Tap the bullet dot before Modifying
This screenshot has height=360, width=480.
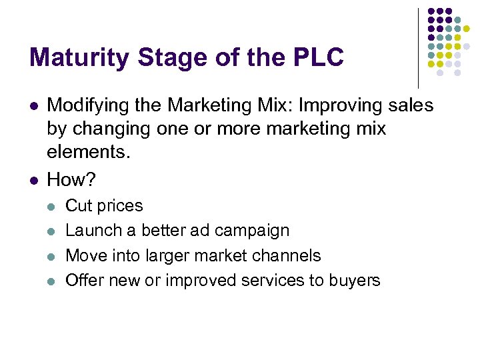33,105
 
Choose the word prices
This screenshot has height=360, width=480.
120,206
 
